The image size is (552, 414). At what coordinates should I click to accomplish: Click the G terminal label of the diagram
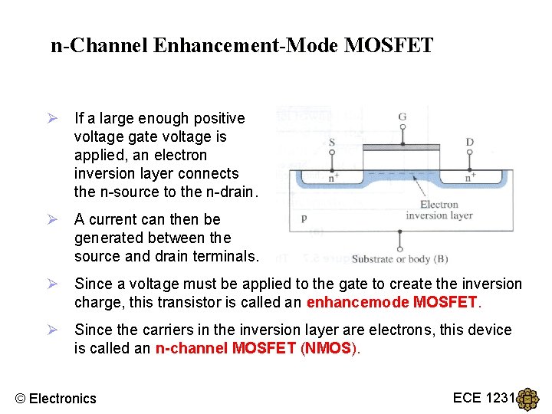coord(402,117)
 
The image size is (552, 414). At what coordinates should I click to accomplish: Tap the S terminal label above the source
coord(331,143)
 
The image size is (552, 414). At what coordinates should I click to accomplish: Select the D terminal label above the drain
coord(470,143)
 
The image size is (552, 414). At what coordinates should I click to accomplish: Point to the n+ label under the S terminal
coord(334,176)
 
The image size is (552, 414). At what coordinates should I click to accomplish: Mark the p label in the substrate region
coord(304,218)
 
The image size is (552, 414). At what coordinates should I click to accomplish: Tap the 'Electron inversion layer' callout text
coord(439,209)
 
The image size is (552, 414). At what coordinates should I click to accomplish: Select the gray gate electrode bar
coord(401,146)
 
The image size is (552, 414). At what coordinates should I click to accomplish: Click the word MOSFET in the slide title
coord(389,46)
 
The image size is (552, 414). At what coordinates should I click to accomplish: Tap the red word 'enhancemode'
coord(358,302)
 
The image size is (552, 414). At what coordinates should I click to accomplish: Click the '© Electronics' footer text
coord(56,398)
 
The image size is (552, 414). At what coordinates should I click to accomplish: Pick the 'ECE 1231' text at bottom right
coord(482,397)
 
